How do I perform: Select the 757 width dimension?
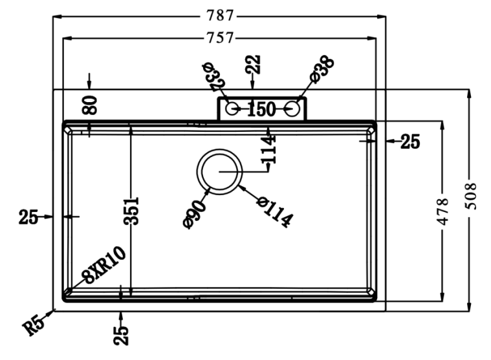[220, 38]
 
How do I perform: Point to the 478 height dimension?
[443, 209]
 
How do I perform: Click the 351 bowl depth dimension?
[131, 211]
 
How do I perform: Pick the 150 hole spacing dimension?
[261, 109]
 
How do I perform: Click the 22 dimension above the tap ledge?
[253, 65]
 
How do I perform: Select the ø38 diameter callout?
[322, 69]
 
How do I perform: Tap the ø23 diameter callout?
[212, 76]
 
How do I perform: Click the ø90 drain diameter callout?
[195, 213]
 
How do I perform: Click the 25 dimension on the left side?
[28, 218]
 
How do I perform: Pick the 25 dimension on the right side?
[409, 142]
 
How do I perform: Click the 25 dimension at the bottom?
[122, 335]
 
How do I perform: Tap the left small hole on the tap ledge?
[231, 108]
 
